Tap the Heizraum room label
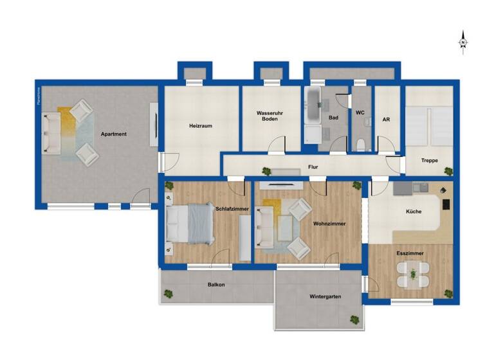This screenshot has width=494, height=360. click(x=201, y=126)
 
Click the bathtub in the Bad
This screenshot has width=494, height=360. click(x=314, y=105)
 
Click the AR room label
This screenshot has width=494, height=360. click(x=386, y=120)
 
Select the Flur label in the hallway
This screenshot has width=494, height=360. click(x=313, y=167)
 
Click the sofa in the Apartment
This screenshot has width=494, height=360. click(x=51, y=134)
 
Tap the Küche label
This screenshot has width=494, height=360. click(x=414, y=212)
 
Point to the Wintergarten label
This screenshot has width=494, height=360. click(x=325, y=296)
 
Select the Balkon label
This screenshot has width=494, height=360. click(x=216, y=284)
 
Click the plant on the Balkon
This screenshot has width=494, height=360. click(x=169, y=294)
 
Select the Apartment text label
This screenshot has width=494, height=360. click(x=113, y=134)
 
